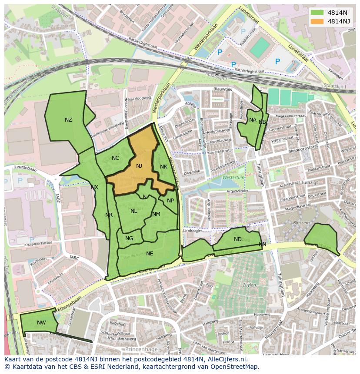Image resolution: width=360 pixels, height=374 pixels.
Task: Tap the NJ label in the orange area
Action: [x=139, y=166]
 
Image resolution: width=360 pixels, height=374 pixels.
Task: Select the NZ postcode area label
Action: [x=68, y=120]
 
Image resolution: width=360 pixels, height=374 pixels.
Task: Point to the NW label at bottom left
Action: [x=41, y=323]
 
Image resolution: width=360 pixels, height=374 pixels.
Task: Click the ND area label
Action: [x=237, y=239]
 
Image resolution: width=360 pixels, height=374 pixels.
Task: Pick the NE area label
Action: [x=150, y=254]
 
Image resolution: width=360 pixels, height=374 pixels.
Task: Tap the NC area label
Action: [x=115, y=158]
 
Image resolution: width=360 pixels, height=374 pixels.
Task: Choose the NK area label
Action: [x=163, y=167]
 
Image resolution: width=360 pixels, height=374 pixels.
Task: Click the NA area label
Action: [x=253, y=120]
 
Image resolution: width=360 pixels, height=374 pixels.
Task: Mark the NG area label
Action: [x=129, y=238]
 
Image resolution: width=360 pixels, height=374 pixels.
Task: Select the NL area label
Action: [x=133, y=211]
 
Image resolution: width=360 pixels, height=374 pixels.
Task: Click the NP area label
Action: [x=170, y=201]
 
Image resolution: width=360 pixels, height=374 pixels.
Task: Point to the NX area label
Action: [x=94, y=187]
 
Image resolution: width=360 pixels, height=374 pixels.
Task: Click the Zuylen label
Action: [x=249, y=285]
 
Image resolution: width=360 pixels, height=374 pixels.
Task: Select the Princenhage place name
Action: [x=140, y=349]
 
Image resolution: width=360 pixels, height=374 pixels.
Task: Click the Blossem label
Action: [x=301, y=223]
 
